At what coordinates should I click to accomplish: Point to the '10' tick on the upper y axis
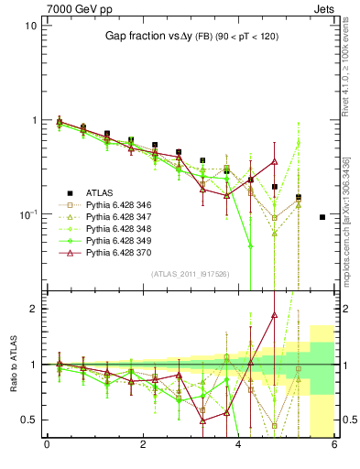click(x=30, y=26)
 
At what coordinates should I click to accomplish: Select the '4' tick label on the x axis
click(x=238, y=444)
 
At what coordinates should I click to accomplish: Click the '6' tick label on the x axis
click(x=334, y=444)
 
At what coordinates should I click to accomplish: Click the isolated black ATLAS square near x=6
click(x=322, y=217)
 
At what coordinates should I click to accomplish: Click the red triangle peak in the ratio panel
click(x=274, y=314)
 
